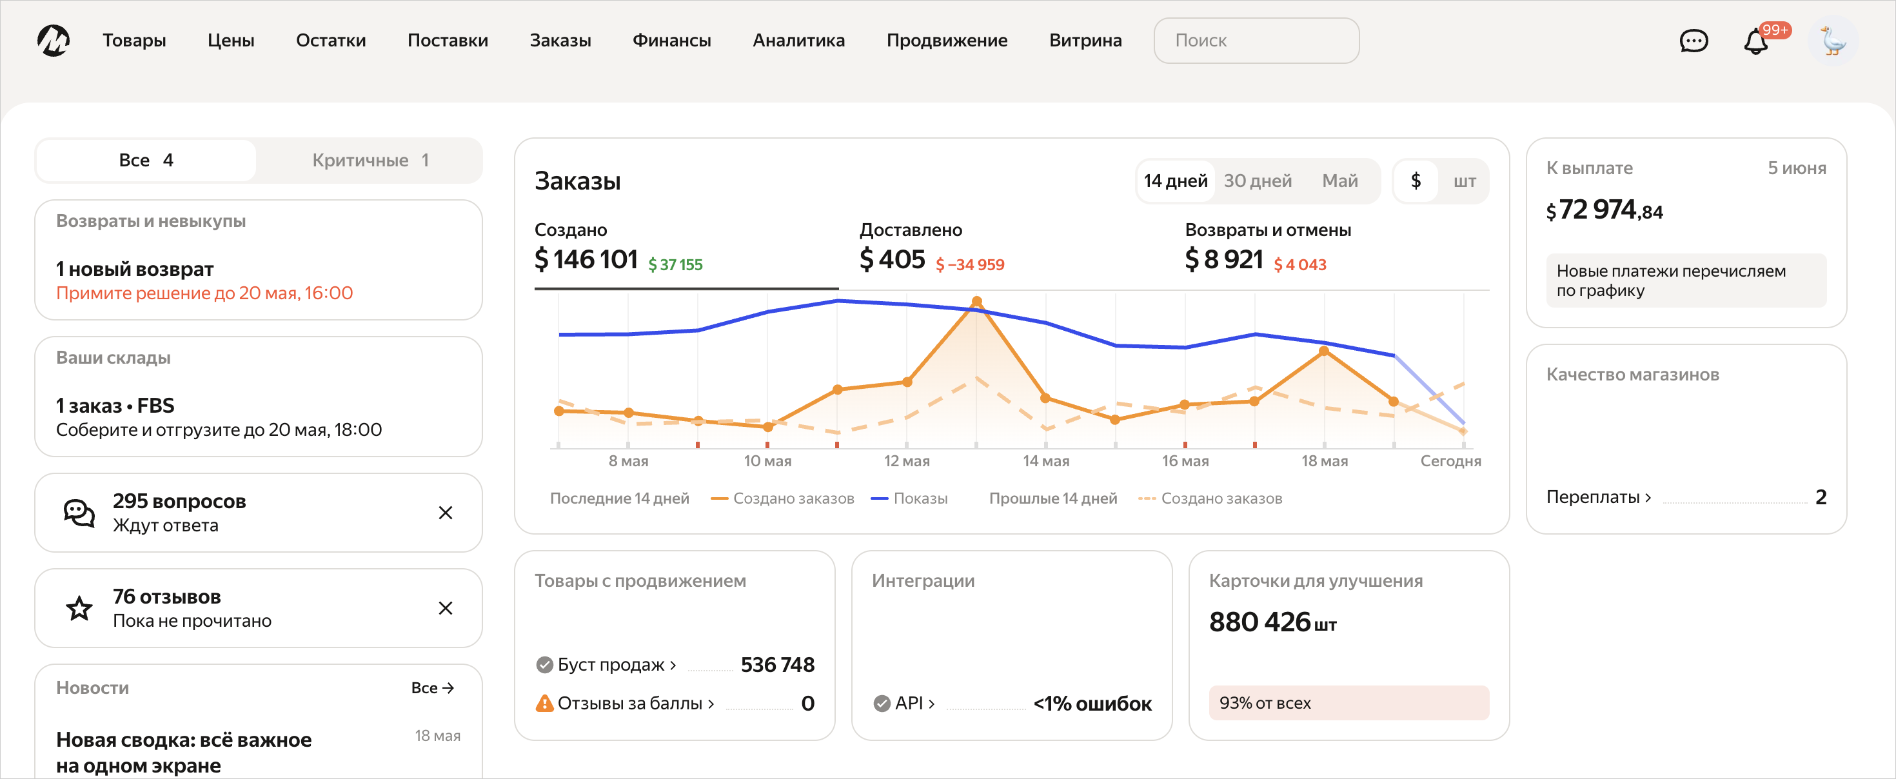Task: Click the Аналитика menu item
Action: tap(798, 41)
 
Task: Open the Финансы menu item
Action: tap(671, 41)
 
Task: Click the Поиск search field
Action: tap(1256, 41)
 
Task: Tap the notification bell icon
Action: tap(1755, 41)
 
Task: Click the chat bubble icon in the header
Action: tap(1693, 41)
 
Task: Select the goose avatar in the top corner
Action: tap(1833, 41)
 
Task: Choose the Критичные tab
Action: tap(370, 160)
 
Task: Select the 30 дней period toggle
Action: tap(1257, 181)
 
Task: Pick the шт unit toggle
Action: tap(1464, 181)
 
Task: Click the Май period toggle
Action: tap(1339, 181)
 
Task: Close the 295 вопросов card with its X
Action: tap(445, 513)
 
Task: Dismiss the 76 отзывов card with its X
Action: tap(445, 608)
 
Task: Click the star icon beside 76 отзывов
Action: tap(79, 608)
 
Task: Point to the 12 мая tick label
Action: tap(906, 461)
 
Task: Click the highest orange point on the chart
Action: tap(977, 301)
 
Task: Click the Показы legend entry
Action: tap(909, 498)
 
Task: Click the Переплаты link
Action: tap(1598, 497)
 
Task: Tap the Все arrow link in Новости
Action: tap(432, 687)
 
